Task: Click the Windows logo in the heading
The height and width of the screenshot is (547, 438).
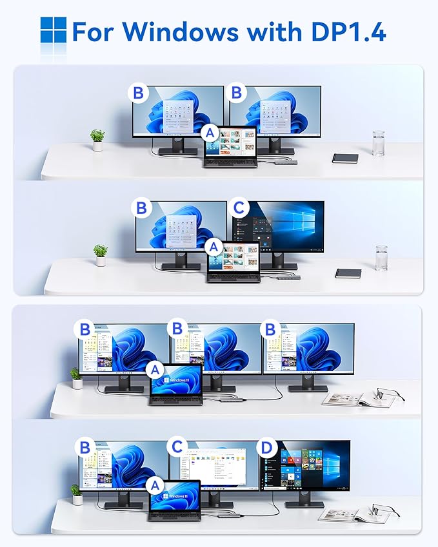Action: click(54, 30)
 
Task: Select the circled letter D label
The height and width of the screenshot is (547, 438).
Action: click(265, 447)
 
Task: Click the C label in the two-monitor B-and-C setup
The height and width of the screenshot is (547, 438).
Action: click(239, 208)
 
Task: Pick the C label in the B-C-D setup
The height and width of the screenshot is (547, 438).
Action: click(175, 447)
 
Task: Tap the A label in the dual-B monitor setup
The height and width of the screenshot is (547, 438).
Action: click(209, 133)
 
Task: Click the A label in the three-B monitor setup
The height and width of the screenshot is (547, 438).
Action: click(154, 370)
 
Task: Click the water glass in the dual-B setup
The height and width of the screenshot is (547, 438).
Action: click(378, 142)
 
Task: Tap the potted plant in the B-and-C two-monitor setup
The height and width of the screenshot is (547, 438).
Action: click(100, 254)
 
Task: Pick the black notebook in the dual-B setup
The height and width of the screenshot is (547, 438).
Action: click(344, 158)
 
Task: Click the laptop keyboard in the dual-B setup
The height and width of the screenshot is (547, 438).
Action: click(230, 162)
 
